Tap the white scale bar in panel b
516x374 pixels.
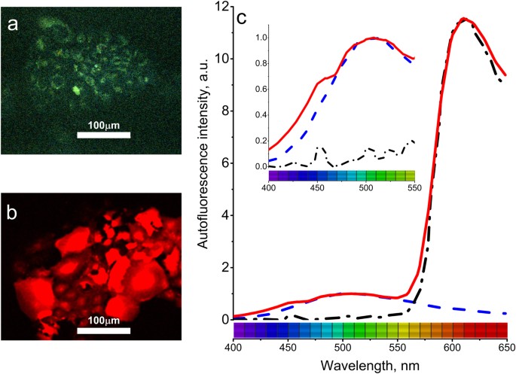[x=104, y=330]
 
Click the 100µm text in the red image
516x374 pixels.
[x=104, y=320]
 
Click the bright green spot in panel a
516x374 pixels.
[x=75, y=90]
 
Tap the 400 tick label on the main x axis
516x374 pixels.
[x=234, y=349]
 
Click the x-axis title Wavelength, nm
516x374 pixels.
[x=369, y=365]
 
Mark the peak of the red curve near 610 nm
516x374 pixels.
[x=464, y=19]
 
